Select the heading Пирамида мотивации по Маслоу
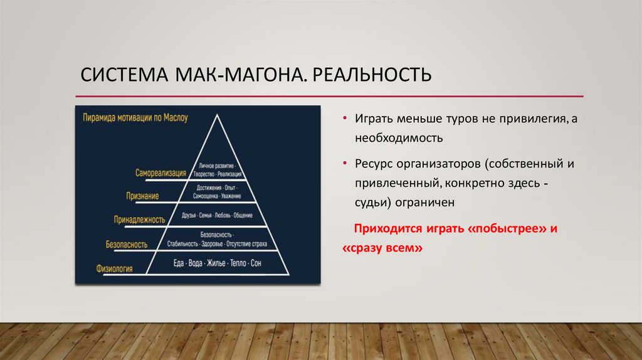(x=135, y=117)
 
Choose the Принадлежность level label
(x=139, y=220)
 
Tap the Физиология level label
(x=114, y=268)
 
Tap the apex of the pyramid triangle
(x=218, y=115)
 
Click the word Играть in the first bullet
(x=375, y=119)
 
